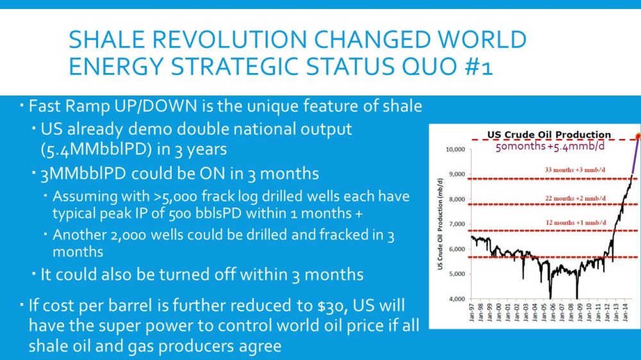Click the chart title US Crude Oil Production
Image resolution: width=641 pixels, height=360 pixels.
pos(549,135)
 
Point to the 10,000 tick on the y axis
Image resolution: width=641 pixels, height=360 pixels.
pos(455,149)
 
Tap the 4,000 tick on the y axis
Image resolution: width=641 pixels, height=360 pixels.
pos(456,299)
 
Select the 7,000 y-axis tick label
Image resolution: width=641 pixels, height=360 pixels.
pos(456,224)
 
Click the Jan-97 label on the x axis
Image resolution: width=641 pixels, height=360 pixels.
pos(472,312)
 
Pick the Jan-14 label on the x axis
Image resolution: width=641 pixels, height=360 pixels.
pos(626,312)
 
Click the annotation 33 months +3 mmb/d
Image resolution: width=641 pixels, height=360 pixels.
pos(575,170)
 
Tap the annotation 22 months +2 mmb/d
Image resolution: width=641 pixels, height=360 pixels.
pos(575,198)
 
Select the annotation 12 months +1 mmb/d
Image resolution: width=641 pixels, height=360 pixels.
pos(576,223)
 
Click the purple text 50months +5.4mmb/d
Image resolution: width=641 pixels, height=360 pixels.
pos(550,146)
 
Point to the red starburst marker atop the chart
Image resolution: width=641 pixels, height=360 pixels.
pos(638,136)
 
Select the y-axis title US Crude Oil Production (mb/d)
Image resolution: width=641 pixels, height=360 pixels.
pos(440,224)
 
